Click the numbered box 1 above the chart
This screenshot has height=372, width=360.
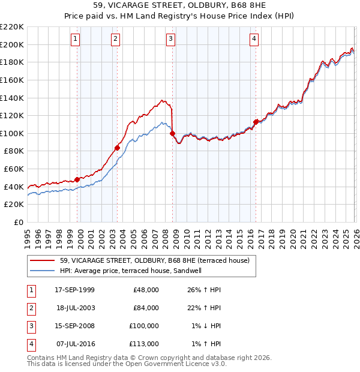pos(75,40)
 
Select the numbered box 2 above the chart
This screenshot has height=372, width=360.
pos(115,40)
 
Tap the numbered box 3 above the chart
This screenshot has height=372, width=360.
pos(170,40)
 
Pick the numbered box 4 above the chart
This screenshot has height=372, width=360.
pos(254,40)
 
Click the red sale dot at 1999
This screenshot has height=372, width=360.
pos(77,179)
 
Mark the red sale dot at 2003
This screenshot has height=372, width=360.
pos(118,147)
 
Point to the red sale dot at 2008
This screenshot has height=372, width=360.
pos(173,133)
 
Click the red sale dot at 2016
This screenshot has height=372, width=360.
pos(256,121)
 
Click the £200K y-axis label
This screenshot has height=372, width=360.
pos(12,44)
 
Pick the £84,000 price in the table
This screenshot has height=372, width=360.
pos(146,308)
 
